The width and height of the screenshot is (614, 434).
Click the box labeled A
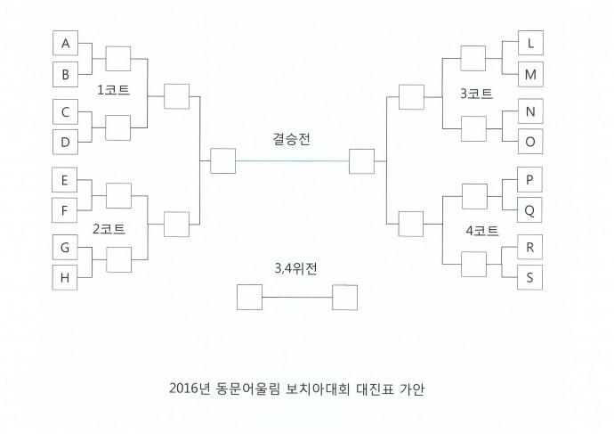[x=65, y=43]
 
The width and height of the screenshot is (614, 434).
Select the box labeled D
[x=65, y=142]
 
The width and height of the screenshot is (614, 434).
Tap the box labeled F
[x=65, y=210]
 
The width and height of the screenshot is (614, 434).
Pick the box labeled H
[x=65, y=277]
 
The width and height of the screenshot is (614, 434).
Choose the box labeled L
[x=530, y=43]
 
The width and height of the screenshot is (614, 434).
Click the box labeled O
[x=530, y=141]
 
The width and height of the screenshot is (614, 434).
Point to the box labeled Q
[x=529, y=210]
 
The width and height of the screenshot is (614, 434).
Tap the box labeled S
[x=529, y=277]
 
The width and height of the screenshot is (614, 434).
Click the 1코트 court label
[x=113, y=90]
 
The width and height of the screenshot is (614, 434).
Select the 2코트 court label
[x=109, y=228]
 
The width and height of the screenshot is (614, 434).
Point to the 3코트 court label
[x=476, y=94]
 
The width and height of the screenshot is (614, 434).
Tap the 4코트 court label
[x=482, y=231]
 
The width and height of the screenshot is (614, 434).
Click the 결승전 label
[x=291, y=139]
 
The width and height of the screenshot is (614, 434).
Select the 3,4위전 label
[x=295, y=268]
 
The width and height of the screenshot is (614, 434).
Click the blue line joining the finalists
[x=292, y=160]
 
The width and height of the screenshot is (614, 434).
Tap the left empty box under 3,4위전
[x=249, y=297]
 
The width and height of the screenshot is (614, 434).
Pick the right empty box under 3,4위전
[x=345, y=297]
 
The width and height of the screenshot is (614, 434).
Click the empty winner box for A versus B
[x=117, y=59]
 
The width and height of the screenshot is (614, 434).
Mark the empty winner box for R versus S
[x=473, y=265]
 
